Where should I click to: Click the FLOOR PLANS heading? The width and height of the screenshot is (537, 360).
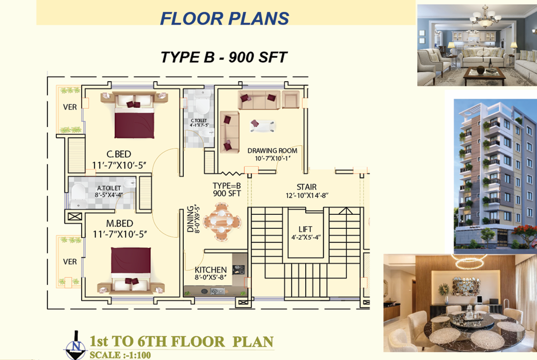point(225,19)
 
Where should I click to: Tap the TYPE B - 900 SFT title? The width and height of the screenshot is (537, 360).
point(224,57)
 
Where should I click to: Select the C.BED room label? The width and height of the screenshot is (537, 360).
point(118,154)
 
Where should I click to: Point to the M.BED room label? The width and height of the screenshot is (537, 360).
point(119,223)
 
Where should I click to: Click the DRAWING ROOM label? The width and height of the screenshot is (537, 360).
point(272,151)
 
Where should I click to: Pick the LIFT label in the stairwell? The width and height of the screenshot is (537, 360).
point(305,229)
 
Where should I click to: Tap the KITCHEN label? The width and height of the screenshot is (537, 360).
point(211,270)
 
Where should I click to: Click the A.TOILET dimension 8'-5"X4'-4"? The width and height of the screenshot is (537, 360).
point(108,195)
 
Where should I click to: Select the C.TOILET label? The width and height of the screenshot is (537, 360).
point(199,120)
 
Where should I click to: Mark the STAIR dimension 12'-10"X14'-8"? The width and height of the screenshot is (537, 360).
point(307,196)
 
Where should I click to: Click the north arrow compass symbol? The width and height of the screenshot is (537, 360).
point(75,346)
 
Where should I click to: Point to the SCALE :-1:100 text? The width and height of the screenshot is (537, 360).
point(120,355)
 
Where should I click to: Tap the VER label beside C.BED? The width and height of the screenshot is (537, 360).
point(70,107)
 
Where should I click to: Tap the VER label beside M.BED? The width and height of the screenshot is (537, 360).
point(70,262)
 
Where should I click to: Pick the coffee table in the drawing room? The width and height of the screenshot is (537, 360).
point(263,126)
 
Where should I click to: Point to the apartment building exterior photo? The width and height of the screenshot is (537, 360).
point(495,177)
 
